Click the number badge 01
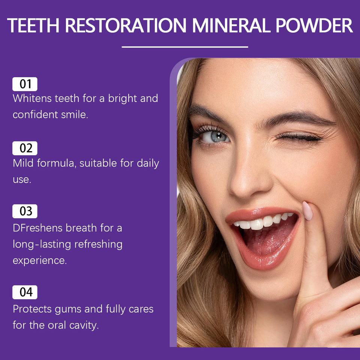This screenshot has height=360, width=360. tap(25, 84)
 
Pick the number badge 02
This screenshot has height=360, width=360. tap(25, 148)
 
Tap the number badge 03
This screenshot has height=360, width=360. tap(25, 211)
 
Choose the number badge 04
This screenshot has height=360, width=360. tap(25, 292)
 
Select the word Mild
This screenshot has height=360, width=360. tap(22, 163)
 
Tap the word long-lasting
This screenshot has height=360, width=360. tap(42, 244)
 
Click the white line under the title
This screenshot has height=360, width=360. tap(185, 47)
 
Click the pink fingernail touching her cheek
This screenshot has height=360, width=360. tap(307, 211)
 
